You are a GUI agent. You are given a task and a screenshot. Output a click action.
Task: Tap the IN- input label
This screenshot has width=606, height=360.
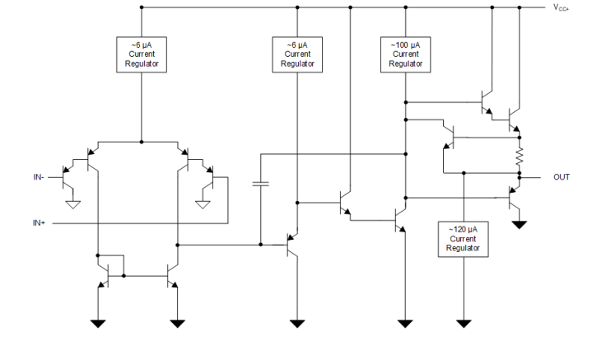(x=39, y=176)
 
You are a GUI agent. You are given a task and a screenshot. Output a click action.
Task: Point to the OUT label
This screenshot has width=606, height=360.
(x=561, y=177)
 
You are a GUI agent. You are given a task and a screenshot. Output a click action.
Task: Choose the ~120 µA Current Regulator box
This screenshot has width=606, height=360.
(x=463, y=239)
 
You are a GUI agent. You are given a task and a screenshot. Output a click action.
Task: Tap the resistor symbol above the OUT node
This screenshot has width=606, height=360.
(x=520, y=156)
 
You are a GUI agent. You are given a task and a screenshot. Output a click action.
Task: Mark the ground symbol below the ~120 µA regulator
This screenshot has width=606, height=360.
(x=464, y=323)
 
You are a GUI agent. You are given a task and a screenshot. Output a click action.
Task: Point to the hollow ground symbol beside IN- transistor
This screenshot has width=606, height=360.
(x=72, y=203)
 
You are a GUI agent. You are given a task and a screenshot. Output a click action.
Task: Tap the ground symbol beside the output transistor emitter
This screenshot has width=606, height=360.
(x=519, y=224)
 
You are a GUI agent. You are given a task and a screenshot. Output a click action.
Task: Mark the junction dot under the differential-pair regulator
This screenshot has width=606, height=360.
(x=142, y=142)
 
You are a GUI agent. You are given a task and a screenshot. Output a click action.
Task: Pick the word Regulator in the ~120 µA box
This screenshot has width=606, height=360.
(x=463, y=247)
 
